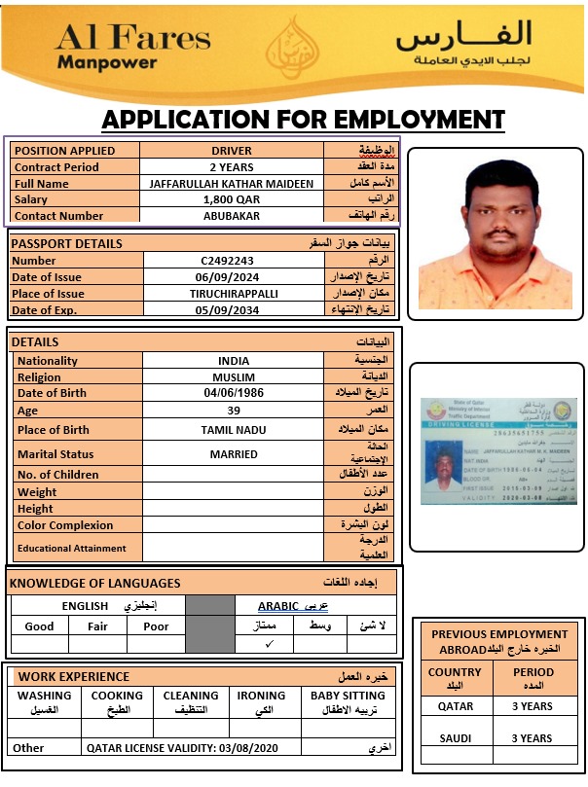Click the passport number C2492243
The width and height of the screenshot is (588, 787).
tap(227, 261)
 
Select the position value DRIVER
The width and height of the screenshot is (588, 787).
tap(232, 151)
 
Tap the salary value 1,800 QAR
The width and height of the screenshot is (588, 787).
tap(232, 199)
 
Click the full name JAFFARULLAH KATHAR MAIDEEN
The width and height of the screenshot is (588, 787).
tap(232, 184)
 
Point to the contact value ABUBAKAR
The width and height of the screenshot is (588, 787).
tap(232, 216)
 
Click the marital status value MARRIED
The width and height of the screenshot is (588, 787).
tap(234, 454)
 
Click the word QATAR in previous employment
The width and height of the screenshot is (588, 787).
tap(455, 707)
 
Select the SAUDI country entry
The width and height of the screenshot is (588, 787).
tap(455, 738)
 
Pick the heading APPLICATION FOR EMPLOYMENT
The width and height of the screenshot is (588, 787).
tap(303, 120)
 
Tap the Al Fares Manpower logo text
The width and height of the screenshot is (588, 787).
tap(132, 47)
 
